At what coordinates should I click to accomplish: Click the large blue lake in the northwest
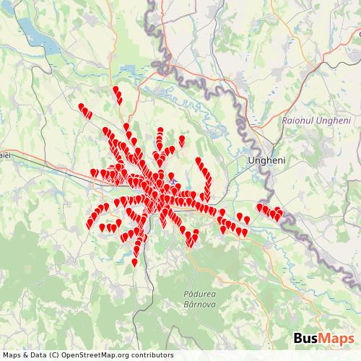(32, 32)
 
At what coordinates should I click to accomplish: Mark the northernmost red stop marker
(116, 90)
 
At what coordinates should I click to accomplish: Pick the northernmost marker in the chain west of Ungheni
(198, 160)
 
